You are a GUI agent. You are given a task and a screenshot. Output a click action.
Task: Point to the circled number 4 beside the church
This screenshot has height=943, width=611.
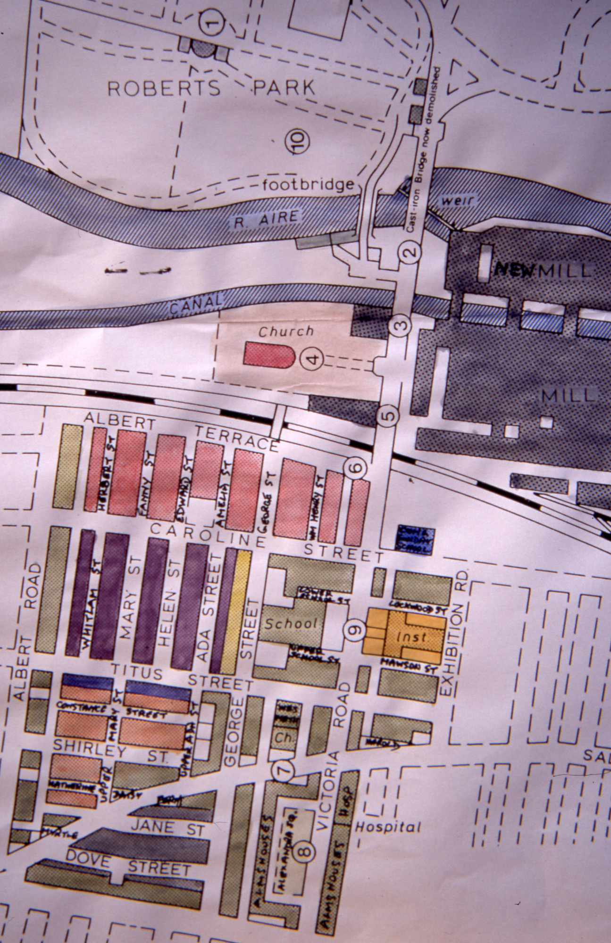[x=313, y=360]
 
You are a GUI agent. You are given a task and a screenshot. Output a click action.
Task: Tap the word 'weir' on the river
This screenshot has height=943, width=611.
[x=457, y=201]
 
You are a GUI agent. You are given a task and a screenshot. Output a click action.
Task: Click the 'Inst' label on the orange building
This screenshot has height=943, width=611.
[x=411, y=637]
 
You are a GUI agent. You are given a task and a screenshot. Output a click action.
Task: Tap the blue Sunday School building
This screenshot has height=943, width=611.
[x=415, y=539]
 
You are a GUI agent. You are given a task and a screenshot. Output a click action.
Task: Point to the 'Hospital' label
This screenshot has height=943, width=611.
[x=388, y=827]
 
